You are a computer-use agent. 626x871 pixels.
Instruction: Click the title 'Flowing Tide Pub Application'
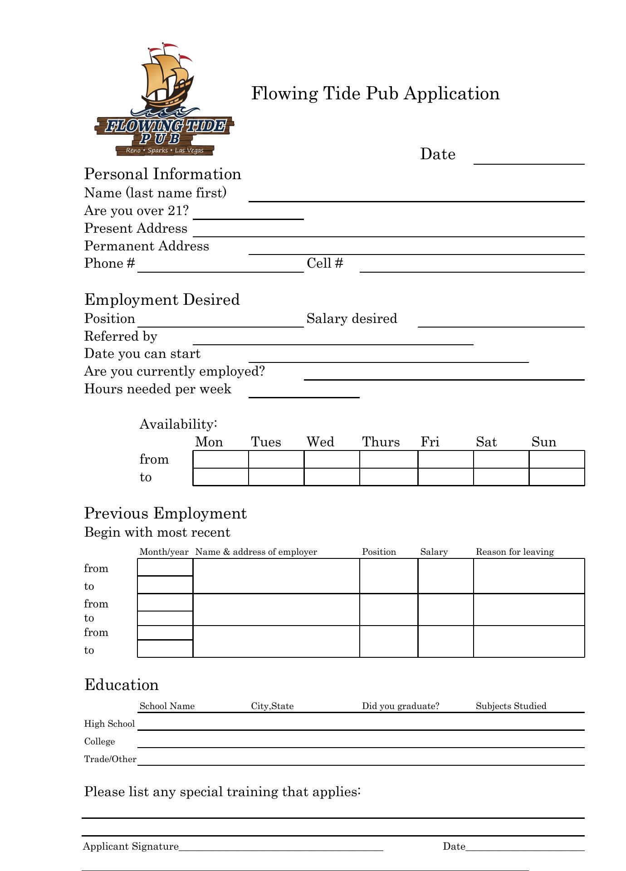click(375, 93)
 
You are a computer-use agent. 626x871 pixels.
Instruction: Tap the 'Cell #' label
click(325, 264)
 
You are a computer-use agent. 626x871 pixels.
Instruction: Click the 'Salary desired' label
click(352, 319)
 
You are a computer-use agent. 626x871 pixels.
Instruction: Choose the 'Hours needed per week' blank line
click(304, 392)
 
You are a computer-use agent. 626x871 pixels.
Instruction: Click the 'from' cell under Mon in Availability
click(220, 459)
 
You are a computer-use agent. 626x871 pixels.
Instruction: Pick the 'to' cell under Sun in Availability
click(557, 477)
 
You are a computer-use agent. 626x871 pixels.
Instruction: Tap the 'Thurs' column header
click(381, 442)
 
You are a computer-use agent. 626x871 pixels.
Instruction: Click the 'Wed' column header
click(320, 442)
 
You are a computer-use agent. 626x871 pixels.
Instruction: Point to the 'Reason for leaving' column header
click(514, 552)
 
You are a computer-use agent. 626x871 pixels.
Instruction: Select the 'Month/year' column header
click(164, 552)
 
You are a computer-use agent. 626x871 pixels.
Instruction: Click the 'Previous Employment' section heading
click(165, 514)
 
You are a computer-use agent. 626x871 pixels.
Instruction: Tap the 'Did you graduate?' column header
click(401, 706)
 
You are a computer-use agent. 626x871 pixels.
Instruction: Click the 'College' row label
click(99, 742)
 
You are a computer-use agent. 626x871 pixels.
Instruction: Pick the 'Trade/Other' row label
click(110, 759)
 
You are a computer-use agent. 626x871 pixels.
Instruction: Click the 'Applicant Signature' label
click(131, 847)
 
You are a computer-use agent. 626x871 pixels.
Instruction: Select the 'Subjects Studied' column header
click(511, 706)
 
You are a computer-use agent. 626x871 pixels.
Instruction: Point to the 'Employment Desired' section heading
click(162, 300)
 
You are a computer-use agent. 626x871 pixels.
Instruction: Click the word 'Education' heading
click(122, 685)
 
